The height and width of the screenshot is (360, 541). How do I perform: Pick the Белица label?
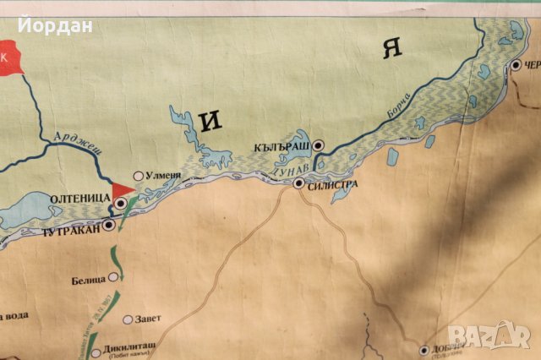88,278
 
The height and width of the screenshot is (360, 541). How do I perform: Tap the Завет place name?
147,319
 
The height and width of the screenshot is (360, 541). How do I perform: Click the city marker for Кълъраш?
318,145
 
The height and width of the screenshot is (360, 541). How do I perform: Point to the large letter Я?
391,48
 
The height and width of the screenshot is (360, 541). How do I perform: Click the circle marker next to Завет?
128,319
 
